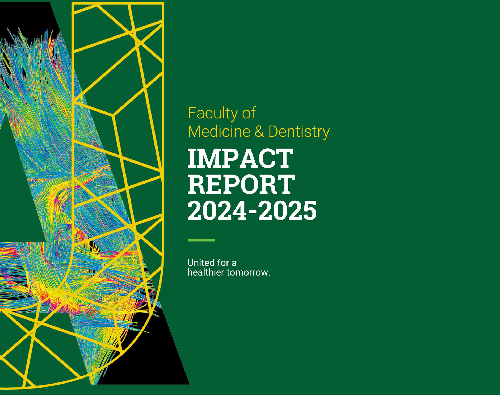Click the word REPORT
(241, 185)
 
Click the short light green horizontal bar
(201, 240)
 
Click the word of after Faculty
(249, 113)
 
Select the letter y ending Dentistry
(326, 134)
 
